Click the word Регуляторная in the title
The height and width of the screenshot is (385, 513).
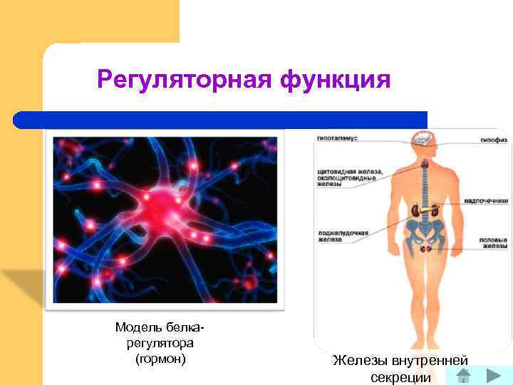coord(184,79)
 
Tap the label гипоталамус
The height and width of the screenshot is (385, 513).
coord(337,136)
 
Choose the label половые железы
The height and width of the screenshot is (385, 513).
coord(492,243)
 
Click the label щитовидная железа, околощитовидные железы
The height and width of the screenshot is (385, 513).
coord(350,178)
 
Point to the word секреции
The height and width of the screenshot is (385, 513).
coord(401,377)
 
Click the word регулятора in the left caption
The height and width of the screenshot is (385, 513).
coord(160,343)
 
